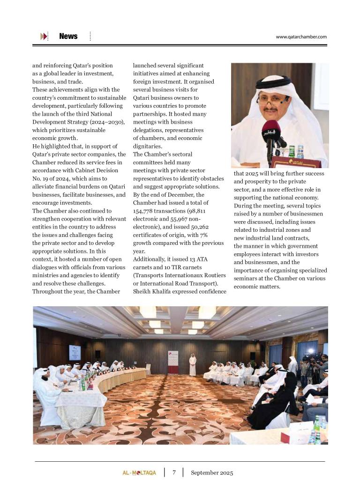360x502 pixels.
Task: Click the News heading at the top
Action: [68, 37]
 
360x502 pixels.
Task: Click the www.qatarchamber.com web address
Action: [301, 37]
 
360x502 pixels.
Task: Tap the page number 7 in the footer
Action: [174, 472]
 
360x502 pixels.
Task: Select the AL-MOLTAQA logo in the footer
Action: [136, 473]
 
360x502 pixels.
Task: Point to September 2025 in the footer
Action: [212, 472]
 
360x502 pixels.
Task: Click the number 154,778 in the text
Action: [144, 211]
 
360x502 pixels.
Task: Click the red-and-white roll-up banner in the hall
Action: [173, 362]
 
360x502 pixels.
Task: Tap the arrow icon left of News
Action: [44, 37]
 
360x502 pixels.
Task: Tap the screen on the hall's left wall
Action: [75, 352]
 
